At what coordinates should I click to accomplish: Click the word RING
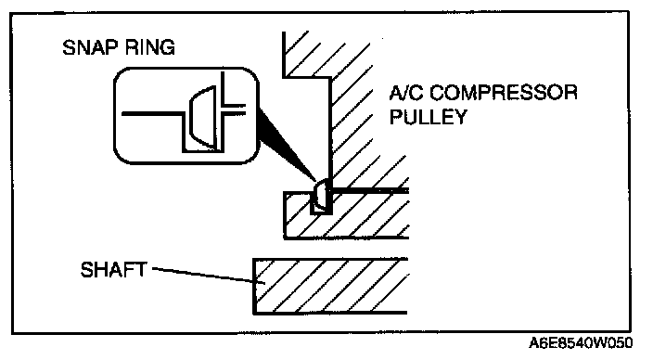pyautogui.click(x=150, y=47)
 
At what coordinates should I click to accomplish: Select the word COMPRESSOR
pyautogui.click(x=503, y=93)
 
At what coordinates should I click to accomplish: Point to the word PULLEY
pyautogui.click(x=429, y=117)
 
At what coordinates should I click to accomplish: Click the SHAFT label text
pyautogui.click(x=114, y=270)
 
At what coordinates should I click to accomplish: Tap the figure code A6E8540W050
pyautogui.click(x=581, y=343)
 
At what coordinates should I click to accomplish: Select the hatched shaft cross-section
pyautogui.click(x=331, y=286)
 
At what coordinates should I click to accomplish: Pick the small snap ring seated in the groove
pyautogui.click(x=322, y=195)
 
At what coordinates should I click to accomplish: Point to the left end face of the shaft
pyautogui.click(x=253, y=286)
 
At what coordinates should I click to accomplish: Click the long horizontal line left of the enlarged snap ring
pyautogui.click(x=152, y=113)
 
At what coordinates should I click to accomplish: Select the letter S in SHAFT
pyautogui.click(x=87, y=270)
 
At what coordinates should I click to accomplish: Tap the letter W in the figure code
pyautogui.click(x=599, y=343)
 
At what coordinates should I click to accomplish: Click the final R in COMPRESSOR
pyautogui.click(x=570, y=93)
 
